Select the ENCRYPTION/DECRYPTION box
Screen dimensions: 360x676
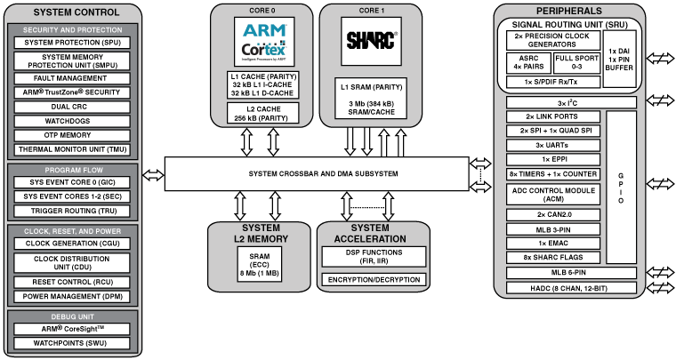pyautogui.click(x=373, y=280)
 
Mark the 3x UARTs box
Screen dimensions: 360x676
pyautogui.click(x=551, y=144)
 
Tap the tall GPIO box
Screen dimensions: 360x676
pyautogui.click(x=621, y=188)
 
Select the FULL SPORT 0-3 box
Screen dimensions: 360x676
pyautogui.click(x=575, y=61)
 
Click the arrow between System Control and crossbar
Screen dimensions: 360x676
pyautogui.click(x=153, y=172)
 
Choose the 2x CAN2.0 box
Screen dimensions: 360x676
pyautogui.click(x=551, y=215)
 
